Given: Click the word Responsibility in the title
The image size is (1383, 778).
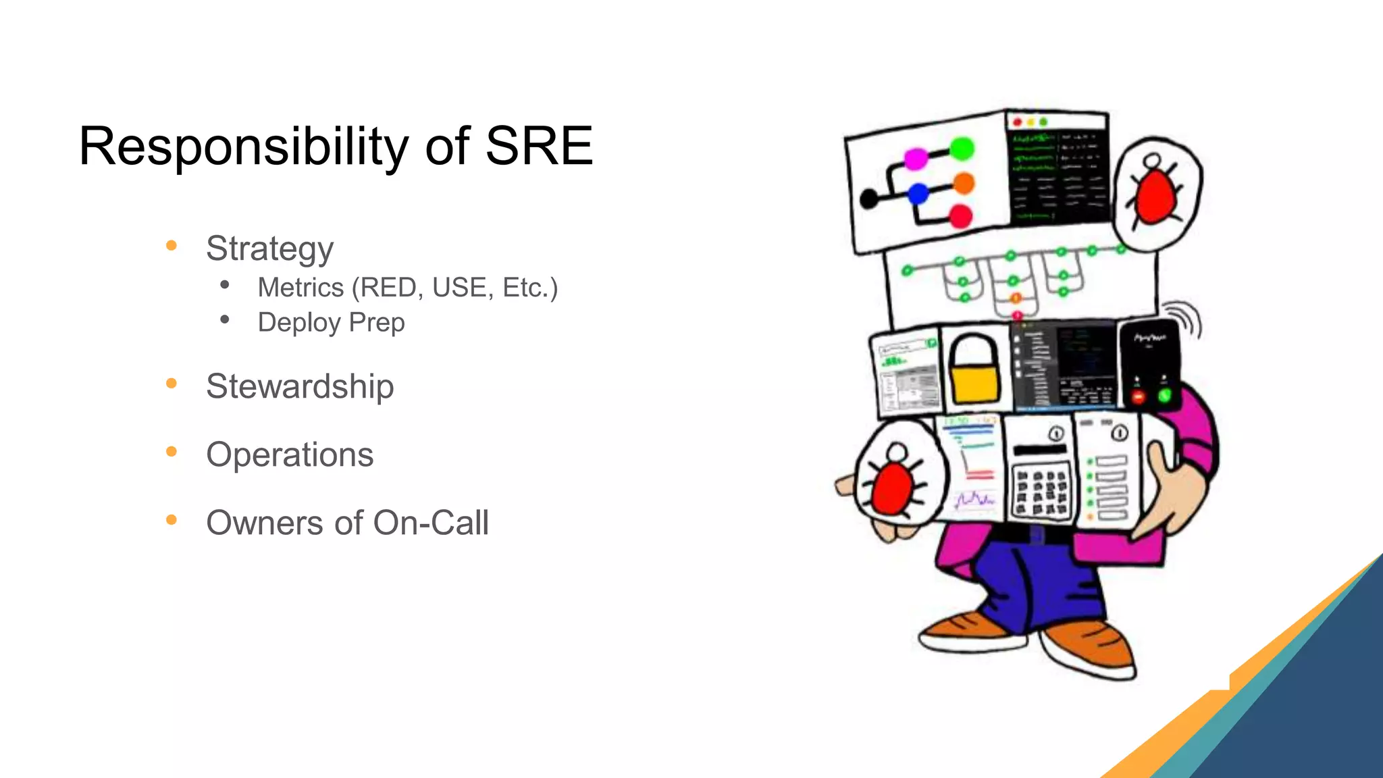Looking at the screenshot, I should (243, 147).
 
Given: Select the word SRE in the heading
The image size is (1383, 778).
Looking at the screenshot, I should (538, 147).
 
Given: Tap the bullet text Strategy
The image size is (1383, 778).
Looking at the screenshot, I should (269, 249).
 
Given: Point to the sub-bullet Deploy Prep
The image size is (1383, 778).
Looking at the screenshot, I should (331, 322).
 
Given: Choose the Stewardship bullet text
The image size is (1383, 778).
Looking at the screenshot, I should (300, 386).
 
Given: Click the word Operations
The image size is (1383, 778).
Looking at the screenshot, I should (290, 455).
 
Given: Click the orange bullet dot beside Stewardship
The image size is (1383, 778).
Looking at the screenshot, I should (172, 384).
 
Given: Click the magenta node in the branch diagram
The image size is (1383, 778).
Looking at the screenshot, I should (916, 159).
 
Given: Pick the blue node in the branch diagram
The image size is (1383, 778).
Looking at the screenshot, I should (918, 194).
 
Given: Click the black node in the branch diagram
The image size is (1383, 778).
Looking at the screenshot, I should (869, 199).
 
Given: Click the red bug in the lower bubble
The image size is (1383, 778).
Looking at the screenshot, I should (891, 488).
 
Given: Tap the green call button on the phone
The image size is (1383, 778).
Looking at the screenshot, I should (1164, 396).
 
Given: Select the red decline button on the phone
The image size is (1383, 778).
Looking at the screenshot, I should (1138, 397).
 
